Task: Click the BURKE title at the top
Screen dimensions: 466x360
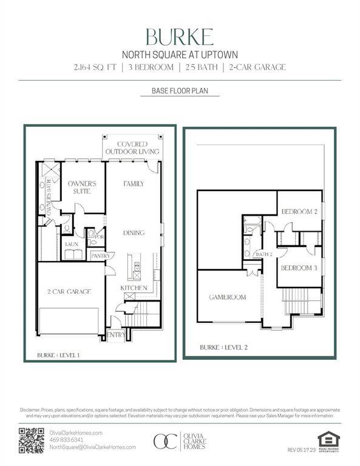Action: click(180, 38)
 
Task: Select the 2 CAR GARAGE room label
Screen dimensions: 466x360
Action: click(69, 292)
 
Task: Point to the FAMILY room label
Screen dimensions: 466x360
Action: click(134, 183)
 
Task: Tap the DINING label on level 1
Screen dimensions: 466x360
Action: click(134, 232)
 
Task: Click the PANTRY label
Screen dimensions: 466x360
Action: click(99, 256)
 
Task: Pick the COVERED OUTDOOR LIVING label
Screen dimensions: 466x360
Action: click(132, 147)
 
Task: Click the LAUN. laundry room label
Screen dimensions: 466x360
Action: click(72, 243)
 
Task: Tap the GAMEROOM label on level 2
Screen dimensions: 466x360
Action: click(227, 297)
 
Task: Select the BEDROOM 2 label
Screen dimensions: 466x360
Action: click(299, 211)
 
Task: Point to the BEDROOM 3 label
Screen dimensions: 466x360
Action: click(299, 268)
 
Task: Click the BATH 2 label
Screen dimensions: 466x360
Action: click(263, 254)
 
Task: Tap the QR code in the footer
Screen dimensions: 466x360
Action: click(31, 440)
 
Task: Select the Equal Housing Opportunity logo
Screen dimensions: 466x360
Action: click(328, 441)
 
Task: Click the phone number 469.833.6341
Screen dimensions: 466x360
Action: click(67, 440)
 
